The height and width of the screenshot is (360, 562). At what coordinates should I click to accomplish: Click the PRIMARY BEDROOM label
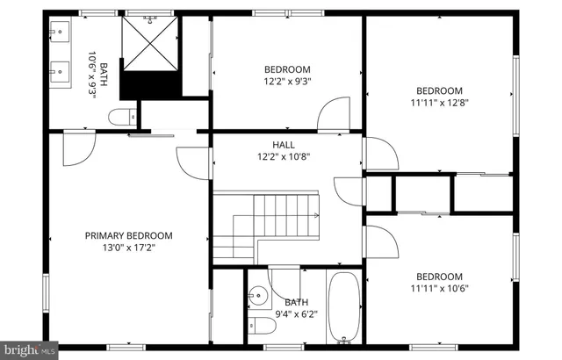tap(128, 235)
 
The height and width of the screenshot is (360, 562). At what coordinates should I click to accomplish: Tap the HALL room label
tap(284, 145)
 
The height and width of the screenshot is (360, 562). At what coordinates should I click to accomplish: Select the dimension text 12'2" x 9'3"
tap(287, 82)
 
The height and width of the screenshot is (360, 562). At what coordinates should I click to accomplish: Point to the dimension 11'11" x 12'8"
tap(438, 103)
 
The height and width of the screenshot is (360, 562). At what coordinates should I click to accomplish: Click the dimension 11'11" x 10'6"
tap(438, 288)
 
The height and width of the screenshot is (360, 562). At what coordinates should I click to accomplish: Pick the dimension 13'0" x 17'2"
tap(128, 248)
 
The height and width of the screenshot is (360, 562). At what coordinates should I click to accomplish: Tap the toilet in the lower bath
tap(261, 328)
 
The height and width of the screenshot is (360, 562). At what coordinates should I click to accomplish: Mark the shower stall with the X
tap(149, 42)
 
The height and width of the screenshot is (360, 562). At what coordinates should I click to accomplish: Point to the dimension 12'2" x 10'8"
tap(284, 157)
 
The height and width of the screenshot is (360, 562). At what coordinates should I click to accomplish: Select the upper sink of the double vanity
tap(59, 36)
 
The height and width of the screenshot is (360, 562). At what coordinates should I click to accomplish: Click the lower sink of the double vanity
tap(59, 69)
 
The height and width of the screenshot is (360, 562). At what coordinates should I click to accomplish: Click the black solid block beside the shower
tap(149, 85)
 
